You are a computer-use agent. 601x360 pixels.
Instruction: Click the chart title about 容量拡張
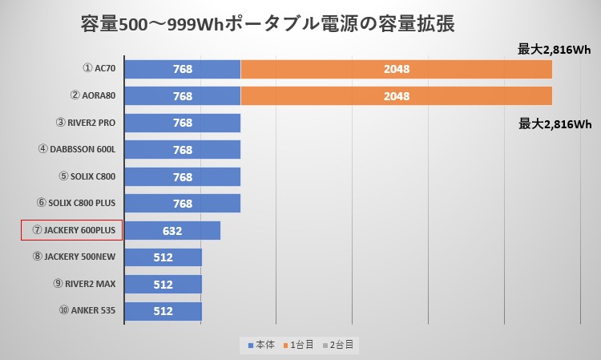[268, 24]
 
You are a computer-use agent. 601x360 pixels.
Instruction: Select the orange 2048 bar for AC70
[396, 69]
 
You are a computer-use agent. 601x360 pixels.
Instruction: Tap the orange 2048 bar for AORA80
[396, 96]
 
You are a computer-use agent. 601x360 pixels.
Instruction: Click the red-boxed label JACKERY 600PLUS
[72, 231]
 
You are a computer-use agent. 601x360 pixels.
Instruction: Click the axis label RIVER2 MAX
[83, 285]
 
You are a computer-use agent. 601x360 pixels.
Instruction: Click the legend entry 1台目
[300, 344]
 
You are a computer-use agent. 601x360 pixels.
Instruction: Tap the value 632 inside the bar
[172, 231]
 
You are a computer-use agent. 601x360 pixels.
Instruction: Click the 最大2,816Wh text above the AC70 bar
[555, 50]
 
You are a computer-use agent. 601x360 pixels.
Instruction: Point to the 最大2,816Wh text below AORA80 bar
[555, 123]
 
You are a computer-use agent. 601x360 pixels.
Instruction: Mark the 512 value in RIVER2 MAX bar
[163, 285]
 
